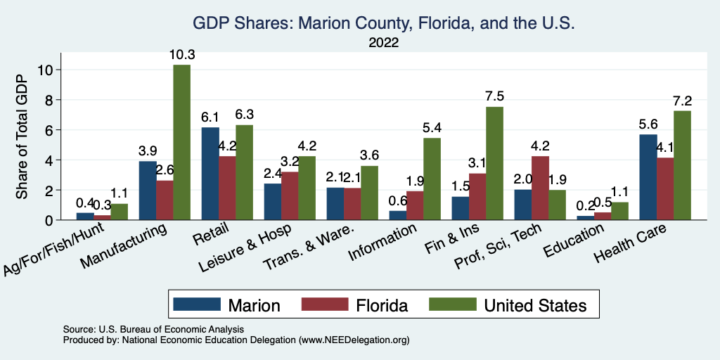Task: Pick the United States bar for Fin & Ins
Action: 494,163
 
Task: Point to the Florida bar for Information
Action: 415,205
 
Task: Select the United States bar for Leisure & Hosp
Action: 307,188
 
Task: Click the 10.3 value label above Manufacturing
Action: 181,54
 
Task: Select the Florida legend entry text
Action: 380,305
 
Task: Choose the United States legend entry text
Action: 534,305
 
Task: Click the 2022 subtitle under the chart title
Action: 383,43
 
